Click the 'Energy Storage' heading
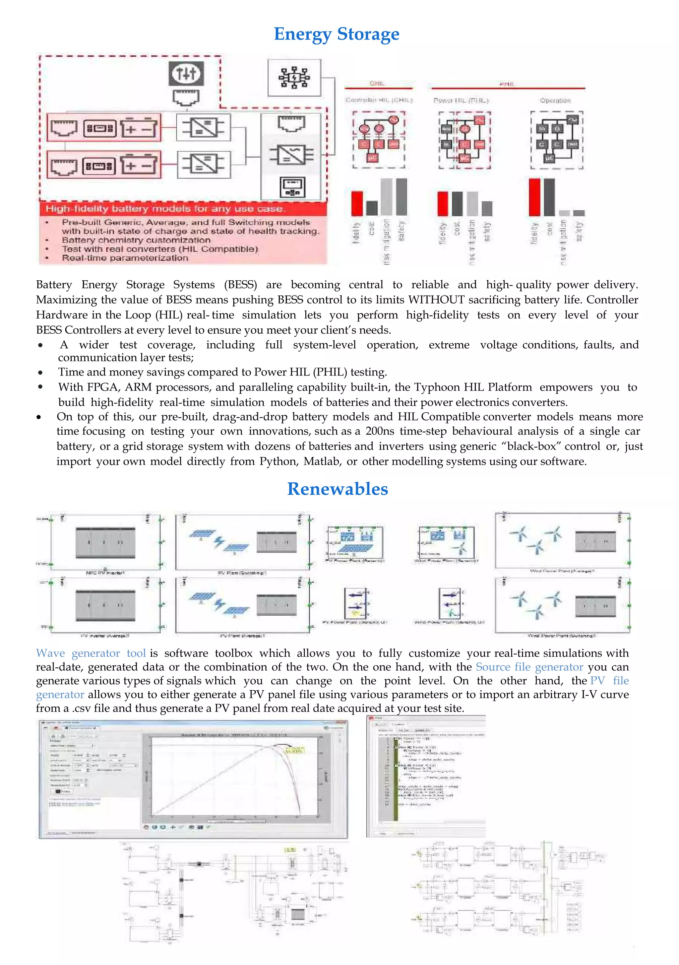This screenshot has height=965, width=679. tap(336, 34)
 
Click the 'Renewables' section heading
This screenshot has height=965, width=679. tap(338, 489)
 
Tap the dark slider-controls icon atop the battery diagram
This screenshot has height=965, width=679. tap(186, 74)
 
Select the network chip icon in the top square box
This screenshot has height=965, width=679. tap(294, 78)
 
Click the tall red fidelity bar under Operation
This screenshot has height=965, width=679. tap(534, 197)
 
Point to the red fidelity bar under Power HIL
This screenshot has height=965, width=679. tap(442, 203)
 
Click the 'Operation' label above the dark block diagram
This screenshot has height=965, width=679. tap(555, 101)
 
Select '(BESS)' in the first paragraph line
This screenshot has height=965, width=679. tap(240, 285)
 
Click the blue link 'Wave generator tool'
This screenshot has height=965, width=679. tap(91, 653)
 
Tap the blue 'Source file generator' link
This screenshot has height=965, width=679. tap(529, 667)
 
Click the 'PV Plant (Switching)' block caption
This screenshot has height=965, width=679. tap(242, 573)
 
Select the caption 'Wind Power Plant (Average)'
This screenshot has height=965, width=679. tap(561, 571)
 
